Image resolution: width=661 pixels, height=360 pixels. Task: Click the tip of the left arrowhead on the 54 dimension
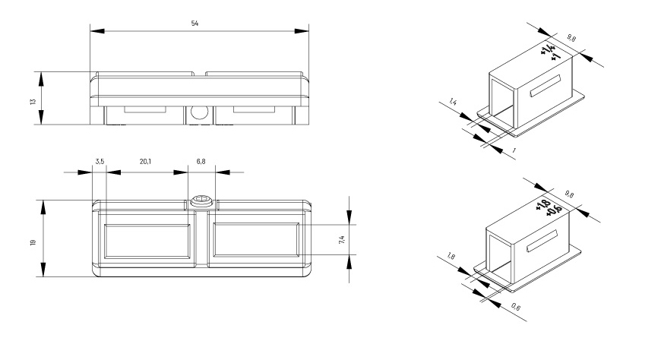pos(90,31)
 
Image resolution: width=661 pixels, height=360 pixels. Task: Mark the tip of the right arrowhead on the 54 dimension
pos(308,31)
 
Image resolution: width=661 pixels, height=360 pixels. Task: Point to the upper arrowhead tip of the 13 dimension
pos(41,72)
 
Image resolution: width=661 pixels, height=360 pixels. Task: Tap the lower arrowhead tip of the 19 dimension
pos(43,276)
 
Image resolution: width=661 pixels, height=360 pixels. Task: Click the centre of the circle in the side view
pos(199,112)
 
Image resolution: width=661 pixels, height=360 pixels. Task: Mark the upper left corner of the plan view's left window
pos(103,224)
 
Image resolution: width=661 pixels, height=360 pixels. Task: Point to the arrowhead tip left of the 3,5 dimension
pos(92,172)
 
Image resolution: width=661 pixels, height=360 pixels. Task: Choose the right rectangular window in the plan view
pos(256,240)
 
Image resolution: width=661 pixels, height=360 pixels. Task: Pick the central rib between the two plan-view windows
pos(202,238)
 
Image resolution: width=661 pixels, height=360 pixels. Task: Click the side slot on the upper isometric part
pos(546,86)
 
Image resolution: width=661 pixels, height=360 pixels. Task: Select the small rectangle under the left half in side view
pos(145,109)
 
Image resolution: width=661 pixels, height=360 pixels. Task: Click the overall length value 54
pos(195,24)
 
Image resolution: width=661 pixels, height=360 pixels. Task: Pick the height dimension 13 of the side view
pos(33,101)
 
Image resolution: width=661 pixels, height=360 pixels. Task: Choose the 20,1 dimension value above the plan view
pos(145,162)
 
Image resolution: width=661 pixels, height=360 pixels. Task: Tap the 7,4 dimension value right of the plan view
pos(342,239)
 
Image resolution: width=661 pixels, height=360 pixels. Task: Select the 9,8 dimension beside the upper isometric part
pos(571,38)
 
